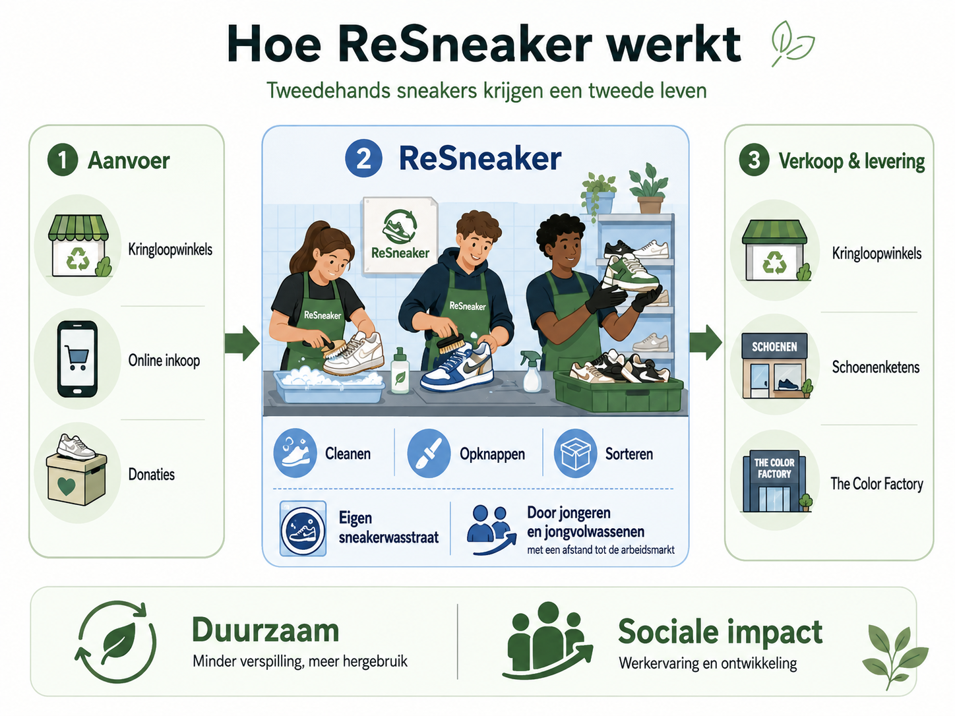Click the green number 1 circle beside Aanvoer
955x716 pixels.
pos(63,160)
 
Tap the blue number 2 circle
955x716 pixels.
pos(363,158)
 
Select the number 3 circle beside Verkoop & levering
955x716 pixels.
pos(754,160)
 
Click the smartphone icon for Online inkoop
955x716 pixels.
pos(77,359)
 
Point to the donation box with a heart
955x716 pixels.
pos(77,478)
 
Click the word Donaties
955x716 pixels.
pos(152,474)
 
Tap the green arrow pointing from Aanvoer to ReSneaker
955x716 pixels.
pos(242,343)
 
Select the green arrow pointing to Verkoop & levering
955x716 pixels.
pos(706,343)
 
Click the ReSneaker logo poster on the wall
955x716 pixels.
pos(400,235)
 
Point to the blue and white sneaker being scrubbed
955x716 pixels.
pos(457,368)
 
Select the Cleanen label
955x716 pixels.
pos(348,454)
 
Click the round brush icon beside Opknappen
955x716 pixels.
pos(429,453)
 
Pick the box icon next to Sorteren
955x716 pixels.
pos(575,453)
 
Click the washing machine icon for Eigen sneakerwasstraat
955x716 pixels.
pos(303,528)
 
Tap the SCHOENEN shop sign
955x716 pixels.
pos(774,347)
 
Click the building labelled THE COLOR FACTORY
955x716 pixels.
pos(774,481)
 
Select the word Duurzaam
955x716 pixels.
pos(265,630)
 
